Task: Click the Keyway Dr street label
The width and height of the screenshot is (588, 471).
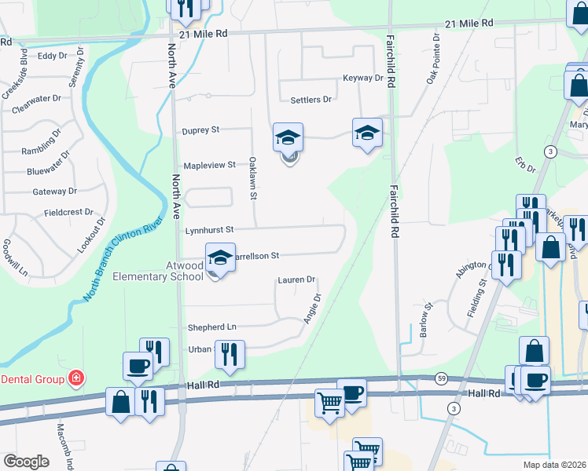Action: [x=362, y=78]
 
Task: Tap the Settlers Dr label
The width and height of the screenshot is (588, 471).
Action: [x=311, y=100]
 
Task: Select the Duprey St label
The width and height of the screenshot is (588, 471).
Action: [x=200, y=130]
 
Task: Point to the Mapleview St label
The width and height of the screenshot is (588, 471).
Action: [x=209, y=165]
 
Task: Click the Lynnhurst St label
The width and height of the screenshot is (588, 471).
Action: [x=210, y=230]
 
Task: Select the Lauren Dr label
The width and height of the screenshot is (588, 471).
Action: [x=296, y=279]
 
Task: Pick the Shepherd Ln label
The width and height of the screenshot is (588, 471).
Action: [x=211, y=327]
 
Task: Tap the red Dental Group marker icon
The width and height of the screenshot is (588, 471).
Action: [x=75, y=379]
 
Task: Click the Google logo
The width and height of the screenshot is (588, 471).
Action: [x=26, y=462]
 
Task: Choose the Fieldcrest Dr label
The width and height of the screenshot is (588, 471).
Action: [x=68, y=212]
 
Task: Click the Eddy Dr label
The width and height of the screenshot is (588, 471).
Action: [x=53, y=56]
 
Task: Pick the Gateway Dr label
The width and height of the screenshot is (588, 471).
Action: [x=54, y=191]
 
